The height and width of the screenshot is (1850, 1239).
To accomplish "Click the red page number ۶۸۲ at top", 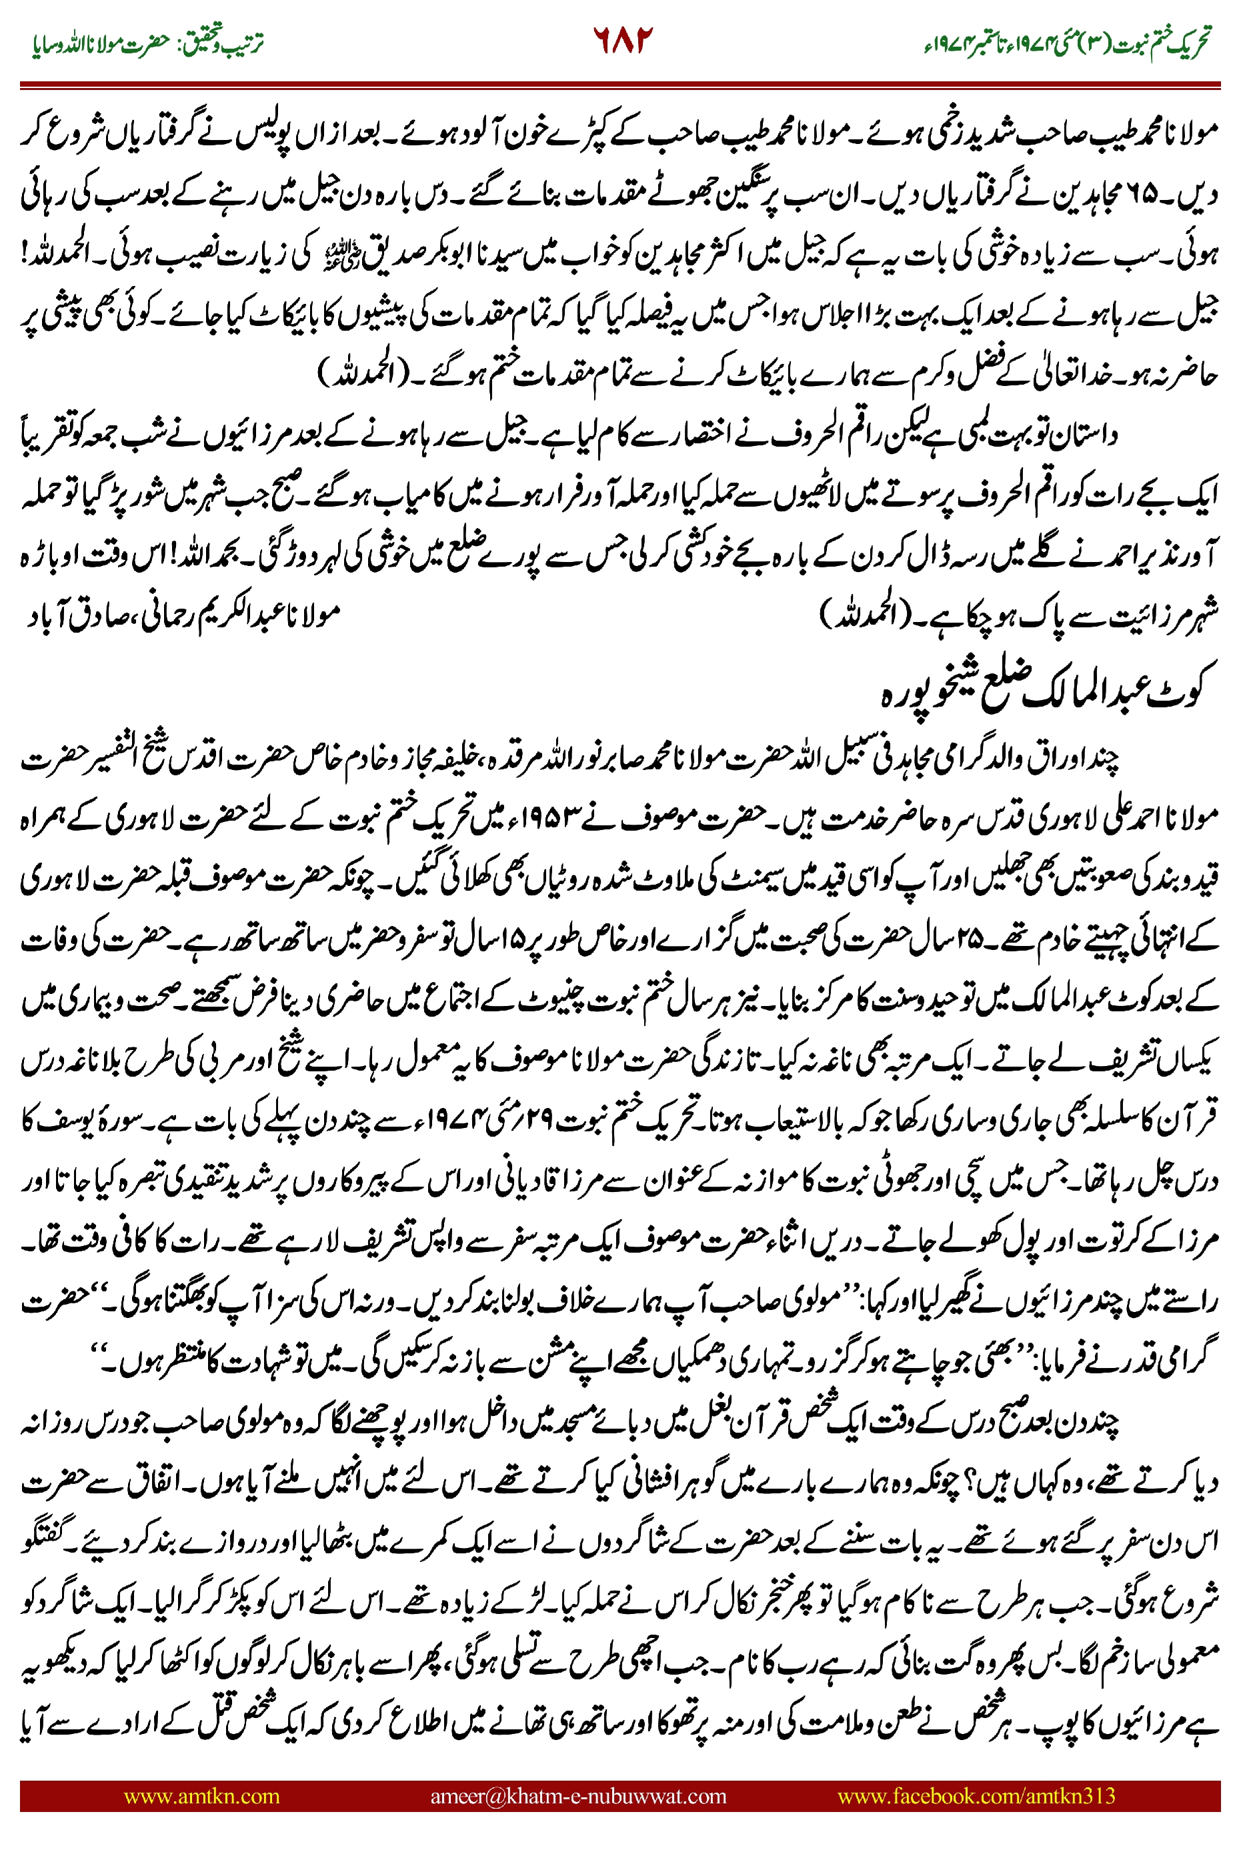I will pos(623,39).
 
